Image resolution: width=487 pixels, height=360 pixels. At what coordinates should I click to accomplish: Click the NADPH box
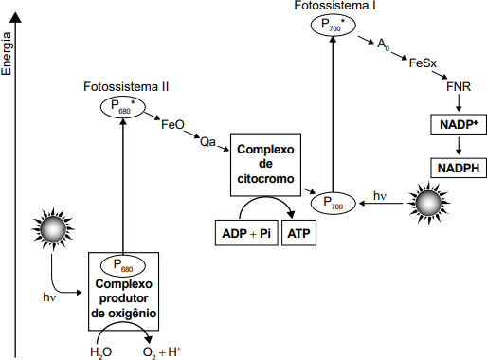(459, 168)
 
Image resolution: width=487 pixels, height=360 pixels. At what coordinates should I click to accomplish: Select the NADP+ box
(459, 124)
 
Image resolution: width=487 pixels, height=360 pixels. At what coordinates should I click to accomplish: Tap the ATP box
(298, 233)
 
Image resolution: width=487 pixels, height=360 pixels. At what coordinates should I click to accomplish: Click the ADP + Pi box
(246, 233)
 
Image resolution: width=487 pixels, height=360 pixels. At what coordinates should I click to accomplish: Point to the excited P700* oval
(334, 25)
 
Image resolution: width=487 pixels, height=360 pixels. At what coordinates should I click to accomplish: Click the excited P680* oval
(123, 107)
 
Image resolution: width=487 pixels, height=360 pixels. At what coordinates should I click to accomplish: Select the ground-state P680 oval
(123, 265)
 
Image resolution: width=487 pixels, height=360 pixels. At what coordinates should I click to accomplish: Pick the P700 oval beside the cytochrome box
(334, 203)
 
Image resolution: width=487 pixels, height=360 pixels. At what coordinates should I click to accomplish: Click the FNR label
(459, 86)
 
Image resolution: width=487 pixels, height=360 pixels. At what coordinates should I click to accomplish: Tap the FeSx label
(423, 63)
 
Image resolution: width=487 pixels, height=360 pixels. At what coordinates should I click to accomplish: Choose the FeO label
(172, 124)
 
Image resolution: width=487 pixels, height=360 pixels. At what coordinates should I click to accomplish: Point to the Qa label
(207, 142)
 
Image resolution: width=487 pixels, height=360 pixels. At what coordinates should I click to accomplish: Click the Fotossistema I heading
(334, 6)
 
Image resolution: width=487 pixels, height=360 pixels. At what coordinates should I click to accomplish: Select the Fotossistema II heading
(126, 87)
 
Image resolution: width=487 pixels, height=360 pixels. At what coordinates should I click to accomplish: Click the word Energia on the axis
(6, 54)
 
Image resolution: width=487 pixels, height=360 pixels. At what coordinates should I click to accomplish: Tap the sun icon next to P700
(428, 203)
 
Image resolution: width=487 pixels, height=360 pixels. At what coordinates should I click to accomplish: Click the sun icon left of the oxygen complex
(53, 228)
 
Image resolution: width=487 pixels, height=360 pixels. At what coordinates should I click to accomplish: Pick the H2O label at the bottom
(100, 352)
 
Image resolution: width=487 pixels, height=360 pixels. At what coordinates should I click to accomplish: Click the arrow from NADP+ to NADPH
(459, 145)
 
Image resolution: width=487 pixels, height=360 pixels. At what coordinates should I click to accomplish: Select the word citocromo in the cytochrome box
(265, 179)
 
